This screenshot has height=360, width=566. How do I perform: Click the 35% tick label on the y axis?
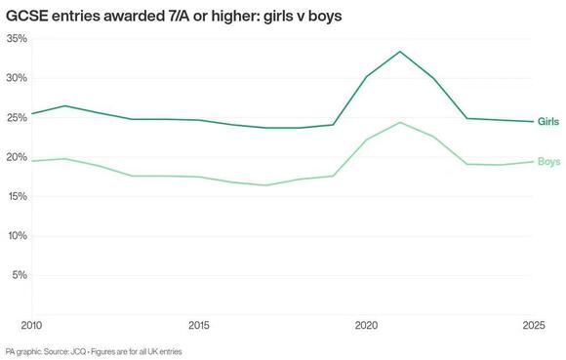tap(16, 38)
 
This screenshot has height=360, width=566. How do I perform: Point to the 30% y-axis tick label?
tap(16, 78)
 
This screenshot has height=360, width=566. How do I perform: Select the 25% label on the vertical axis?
tap(16, 117)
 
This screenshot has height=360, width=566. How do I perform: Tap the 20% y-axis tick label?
tap(16, 157)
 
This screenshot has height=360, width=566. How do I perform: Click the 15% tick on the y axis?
tap(16, 196)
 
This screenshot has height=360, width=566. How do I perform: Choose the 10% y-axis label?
tap(16, 236)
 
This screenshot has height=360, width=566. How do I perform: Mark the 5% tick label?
tap(19, 275)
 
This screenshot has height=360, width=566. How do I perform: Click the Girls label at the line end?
tap(549, 121)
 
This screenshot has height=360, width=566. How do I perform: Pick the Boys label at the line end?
tap(549, 160)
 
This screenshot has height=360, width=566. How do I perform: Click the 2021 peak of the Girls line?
tap(400, 51)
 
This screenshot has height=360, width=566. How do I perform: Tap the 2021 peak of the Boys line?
tap(400, 122)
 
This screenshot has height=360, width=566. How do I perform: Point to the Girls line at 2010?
tap(33, 113)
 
